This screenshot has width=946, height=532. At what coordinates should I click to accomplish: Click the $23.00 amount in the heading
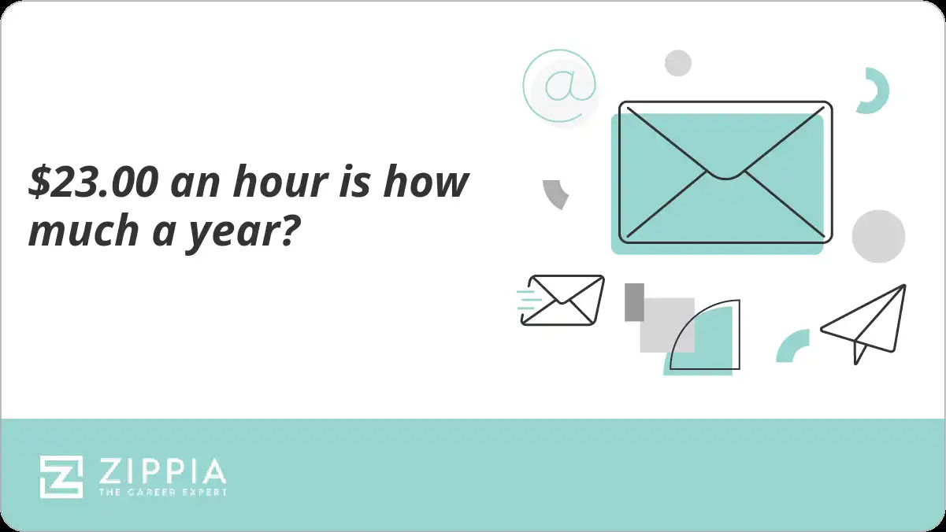click(94, 183)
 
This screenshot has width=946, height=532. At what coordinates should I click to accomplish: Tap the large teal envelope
click(722, 177)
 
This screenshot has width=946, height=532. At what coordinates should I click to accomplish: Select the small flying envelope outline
click(562, 300)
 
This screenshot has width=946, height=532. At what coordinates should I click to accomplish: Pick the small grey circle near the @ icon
click(678, 63)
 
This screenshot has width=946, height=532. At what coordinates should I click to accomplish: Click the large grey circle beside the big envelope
click(878, 236)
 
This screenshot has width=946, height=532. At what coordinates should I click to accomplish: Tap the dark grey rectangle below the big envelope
click(634, 302)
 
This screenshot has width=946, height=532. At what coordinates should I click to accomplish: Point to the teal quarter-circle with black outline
click(704, 338)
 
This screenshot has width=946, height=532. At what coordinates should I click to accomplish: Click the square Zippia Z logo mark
click(61, 477)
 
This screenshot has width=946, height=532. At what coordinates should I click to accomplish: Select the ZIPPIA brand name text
click(162, 471)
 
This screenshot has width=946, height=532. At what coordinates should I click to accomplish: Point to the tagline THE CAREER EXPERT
click(162, 492)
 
